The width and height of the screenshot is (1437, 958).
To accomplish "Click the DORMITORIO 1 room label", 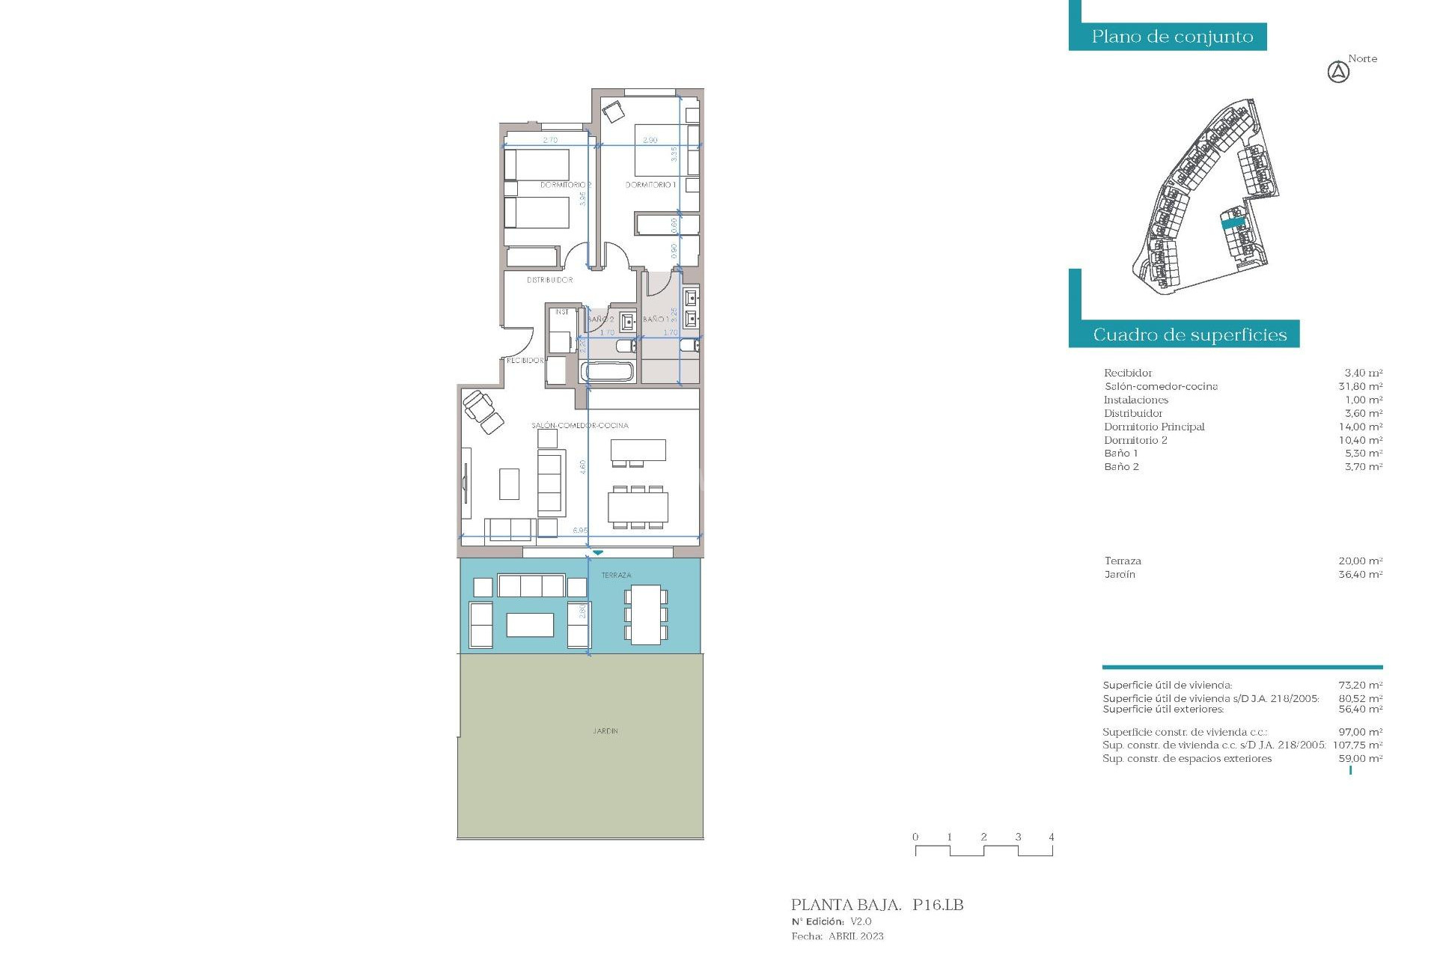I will (650, 185).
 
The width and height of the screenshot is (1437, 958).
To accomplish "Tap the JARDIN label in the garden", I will (605, 730).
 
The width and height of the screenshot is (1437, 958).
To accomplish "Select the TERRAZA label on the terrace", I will (616, 575).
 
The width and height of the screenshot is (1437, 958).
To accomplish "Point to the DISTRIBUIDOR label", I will (549, 280).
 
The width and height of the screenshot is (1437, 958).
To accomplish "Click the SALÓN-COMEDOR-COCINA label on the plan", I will (580, 425).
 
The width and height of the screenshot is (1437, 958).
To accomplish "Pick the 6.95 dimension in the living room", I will (580, 530).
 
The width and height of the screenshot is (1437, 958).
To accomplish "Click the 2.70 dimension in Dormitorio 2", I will (550, 140).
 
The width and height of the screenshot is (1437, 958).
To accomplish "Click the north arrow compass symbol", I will (1338, 73).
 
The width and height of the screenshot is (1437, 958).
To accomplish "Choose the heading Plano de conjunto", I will (1172, 37).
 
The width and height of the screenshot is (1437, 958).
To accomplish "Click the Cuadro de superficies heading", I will (1189, 335).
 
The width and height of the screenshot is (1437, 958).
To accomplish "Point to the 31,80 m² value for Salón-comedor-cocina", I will (1360, 386).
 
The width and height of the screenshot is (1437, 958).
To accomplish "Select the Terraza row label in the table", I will (1123, 561).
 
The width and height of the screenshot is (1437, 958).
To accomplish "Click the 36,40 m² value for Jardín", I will (1360, 574).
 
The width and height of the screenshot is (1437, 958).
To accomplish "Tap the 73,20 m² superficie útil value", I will (1360, 685).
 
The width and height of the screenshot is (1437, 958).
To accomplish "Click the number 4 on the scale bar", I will (1051, 837).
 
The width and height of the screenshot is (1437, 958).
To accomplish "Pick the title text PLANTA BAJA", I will (846, 905).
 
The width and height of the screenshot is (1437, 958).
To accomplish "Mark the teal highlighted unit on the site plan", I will (1233, 222).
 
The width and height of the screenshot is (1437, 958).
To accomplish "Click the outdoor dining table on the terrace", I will (645, 614).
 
